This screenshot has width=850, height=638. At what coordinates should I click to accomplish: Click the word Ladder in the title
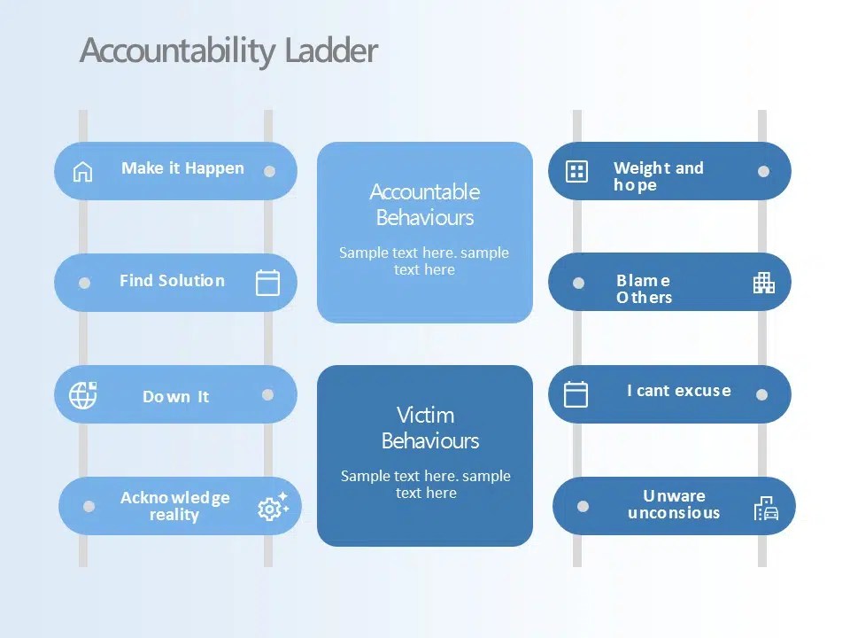[331, 51]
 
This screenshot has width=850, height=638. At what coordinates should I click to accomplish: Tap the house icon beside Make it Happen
[82, 171]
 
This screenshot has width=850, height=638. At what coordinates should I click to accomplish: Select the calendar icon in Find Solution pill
[267, 283]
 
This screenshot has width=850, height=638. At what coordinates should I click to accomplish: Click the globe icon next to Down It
[83, 394]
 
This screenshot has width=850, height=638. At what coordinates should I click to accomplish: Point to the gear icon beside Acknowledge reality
[272, 507]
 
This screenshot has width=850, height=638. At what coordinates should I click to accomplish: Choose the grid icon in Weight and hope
[576, 171]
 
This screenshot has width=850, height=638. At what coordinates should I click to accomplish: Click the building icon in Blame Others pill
[763, 283]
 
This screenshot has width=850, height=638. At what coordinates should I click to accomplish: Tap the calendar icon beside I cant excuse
[576, 394]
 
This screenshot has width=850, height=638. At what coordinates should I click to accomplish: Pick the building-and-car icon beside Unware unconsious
[766, 508]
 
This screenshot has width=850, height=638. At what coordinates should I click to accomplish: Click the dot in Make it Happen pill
[269, 171]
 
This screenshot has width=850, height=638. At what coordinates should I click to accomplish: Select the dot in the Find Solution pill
[84, 283]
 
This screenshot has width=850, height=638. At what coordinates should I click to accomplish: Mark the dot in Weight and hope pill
[763, 171]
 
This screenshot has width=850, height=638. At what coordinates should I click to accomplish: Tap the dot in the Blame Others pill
[578, 283]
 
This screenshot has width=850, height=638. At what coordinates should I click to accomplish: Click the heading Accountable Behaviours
[425, 205]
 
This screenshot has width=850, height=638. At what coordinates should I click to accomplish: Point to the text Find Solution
[172, 281]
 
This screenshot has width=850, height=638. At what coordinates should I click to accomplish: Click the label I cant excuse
[679, 391]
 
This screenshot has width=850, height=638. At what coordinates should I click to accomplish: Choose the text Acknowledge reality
[174, 506]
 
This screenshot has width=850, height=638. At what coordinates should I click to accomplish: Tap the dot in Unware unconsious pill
[583, 506]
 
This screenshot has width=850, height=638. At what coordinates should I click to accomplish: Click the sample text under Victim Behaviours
[426, 484]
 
